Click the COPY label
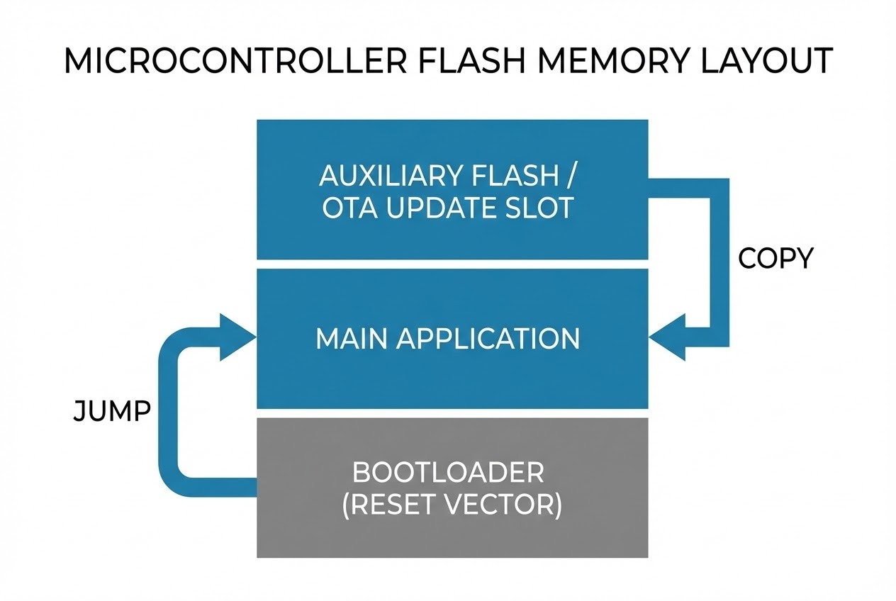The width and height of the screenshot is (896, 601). (x=775, y=259)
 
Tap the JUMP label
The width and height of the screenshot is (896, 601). (x=111, y=411)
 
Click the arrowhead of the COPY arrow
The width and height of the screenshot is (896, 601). (x=667, y=338)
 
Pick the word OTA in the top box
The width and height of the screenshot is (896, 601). (x=349, y=209)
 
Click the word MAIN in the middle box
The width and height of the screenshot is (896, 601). (x=350, y=339)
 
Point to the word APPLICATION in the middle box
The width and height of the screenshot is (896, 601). (x=488, y=339)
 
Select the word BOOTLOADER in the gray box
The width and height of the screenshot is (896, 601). (x=448, y=472)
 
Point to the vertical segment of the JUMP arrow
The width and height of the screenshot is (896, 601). (x=167, y=411)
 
